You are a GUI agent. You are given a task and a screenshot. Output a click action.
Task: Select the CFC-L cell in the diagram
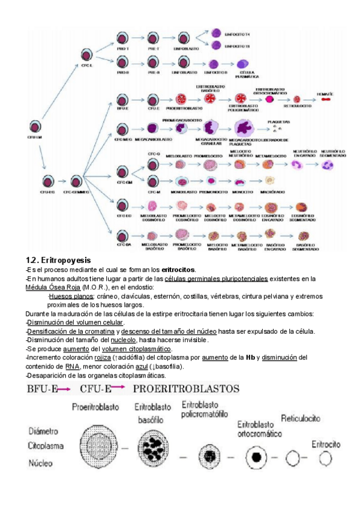coord(86,52)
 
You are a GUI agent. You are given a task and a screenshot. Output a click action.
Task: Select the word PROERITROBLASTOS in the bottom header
coord(186,388)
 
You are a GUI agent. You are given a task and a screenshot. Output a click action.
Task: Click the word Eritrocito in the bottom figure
coord(326,445)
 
